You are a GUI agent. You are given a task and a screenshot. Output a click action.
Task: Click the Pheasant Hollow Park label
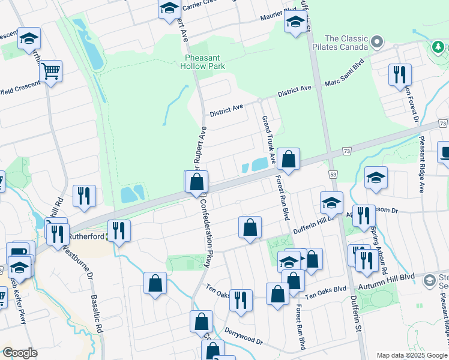tap(205, 62)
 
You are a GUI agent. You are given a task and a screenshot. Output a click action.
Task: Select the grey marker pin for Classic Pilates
tap(377, 42)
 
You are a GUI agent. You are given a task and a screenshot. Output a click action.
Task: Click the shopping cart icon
tap(51, 72)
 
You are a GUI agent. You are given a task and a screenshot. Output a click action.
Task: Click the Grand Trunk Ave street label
tap(268, 140)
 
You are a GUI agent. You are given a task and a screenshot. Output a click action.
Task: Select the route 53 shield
tap(333, 174)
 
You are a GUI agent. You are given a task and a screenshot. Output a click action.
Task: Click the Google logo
tap(20, 353)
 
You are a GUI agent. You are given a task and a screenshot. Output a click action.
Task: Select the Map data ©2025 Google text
tap(411, 355)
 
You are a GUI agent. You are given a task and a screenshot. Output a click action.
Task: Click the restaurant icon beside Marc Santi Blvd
tap(400, 75)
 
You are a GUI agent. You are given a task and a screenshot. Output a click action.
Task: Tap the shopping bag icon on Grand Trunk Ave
tap(288, 160)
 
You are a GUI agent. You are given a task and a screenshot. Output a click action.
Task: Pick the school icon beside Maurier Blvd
tap(295, 23)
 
